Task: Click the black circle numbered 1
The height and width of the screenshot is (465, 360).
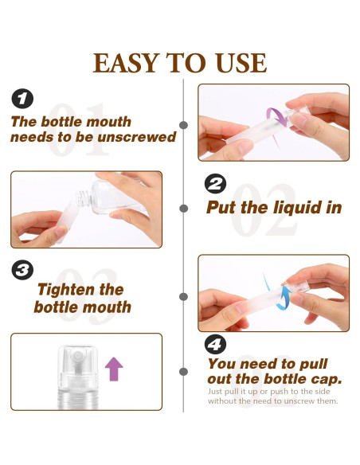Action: [x=22, y=99]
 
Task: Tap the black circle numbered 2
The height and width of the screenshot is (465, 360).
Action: [x=215, y=184]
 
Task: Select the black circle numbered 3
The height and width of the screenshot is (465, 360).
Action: [x=22, y=270]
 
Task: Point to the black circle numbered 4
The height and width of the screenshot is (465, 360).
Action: [x=215, y=344]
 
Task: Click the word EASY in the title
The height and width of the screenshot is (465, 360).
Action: [x=125, y=63]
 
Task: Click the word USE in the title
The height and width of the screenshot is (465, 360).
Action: [x=241, y=63]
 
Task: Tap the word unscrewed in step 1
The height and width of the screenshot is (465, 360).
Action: [x=136, y=137]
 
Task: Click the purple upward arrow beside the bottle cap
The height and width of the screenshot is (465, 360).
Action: [x=114, y=369]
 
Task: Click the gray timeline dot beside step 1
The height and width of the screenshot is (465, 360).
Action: [x=183, y=125]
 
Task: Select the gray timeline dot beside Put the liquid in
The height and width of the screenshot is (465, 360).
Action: [x=183, y=209]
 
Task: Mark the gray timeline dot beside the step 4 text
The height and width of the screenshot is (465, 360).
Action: [x=183, y=372]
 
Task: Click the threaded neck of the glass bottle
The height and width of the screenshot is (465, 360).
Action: [x=83, y=197]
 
